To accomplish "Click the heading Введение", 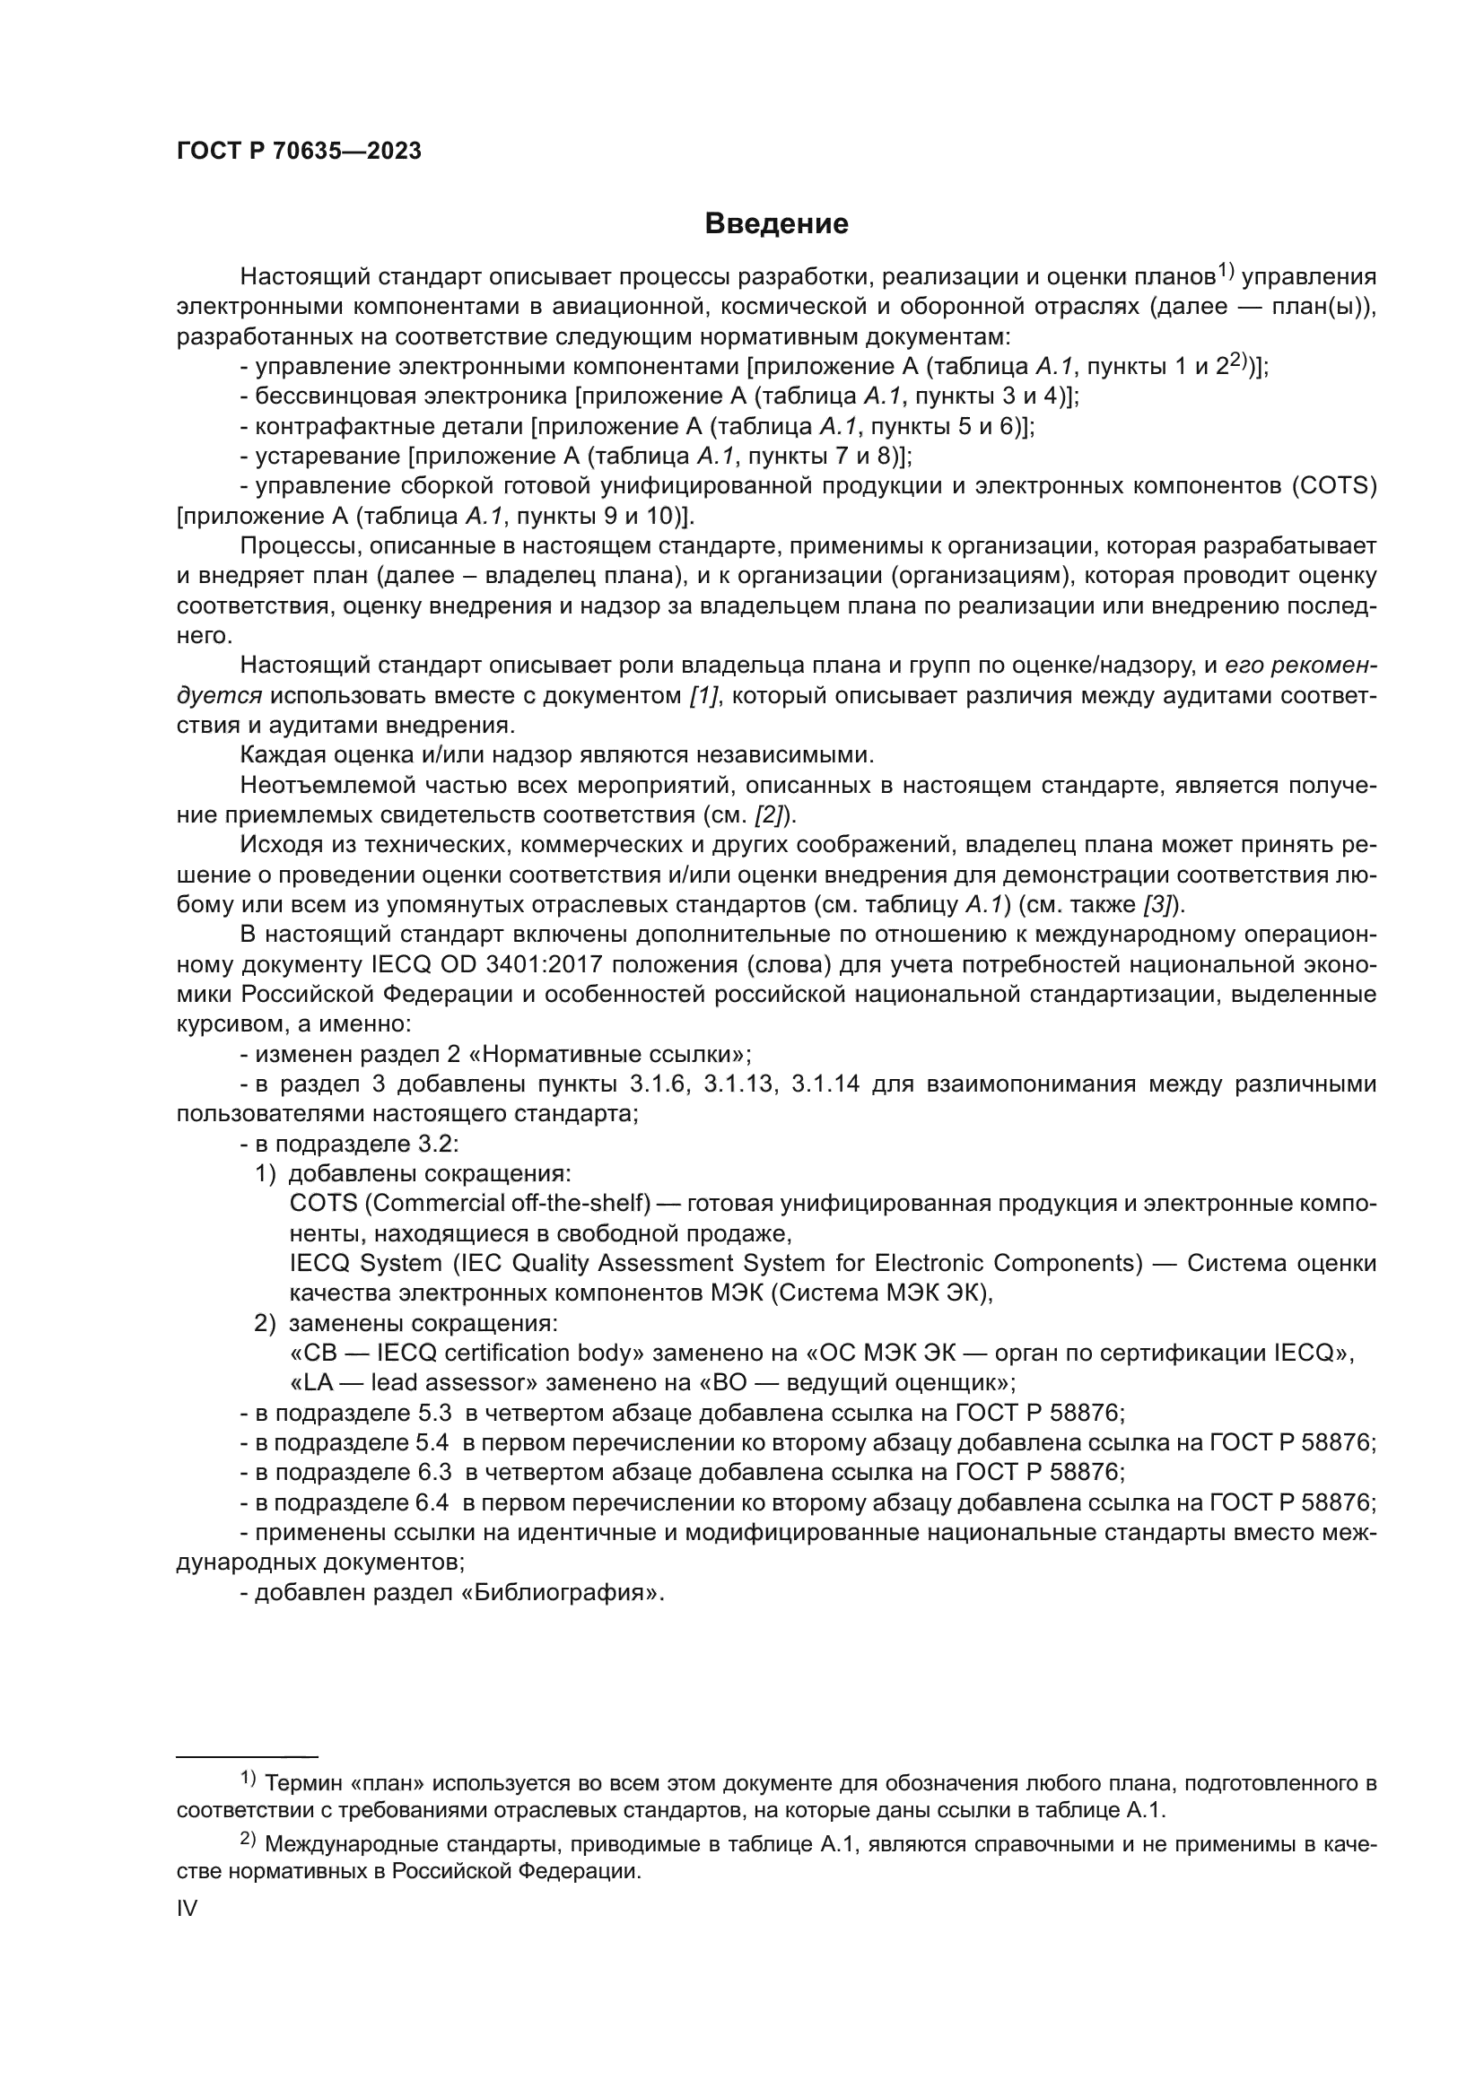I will pos(776,224).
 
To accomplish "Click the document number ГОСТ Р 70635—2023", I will pos(299,152).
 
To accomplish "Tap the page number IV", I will pos(187,1908).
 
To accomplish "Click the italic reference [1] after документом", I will pos(704,695).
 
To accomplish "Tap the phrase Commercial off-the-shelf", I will pos(508,1204).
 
